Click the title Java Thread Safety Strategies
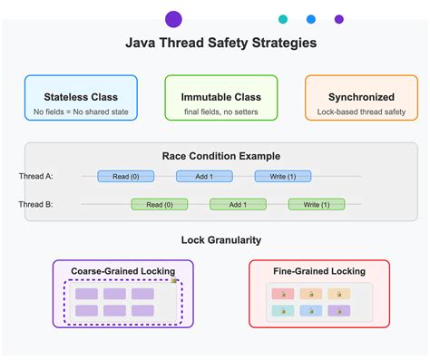pyautogui.click(x=220, y=43)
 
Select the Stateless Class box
pyautogui.click(x=82, y=98)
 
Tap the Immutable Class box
pyautogui.click(x=221, y=98)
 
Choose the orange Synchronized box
pyautogui.click(x=361, y=98)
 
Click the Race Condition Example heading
pyautogui.click(x=221, y=156)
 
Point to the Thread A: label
pyautogui.click(x=35, y=176)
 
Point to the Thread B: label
pyautogui.click(x=35, y=204)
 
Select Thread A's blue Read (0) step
pyautogui.click(x=125, y=176)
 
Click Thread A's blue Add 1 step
pyautogui.click(x=204, y=176)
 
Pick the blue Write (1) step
pyautogui.click(x=282, y=176)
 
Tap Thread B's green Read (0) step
pyautogui.click(x=159, y=204)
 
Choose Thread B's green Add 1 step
pyautogui.click(x=238, y=204)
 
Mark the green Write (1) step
pyautogui.click(x=317, y=204)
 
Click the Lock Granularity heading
pyautogui.click(x=221, y=240)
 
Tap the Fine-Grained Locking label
pyautogui.click(x=319, y=270)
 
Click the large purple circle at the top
pyautogui.click(x=174, y=19)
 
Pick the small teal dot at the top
pyautogui.click(x=283, y=19)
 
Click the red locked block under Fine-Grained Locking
pyautogui.click(x=282, y=295)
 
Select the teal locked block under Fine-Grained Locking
pyautogui.click(x=282, y=311)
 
